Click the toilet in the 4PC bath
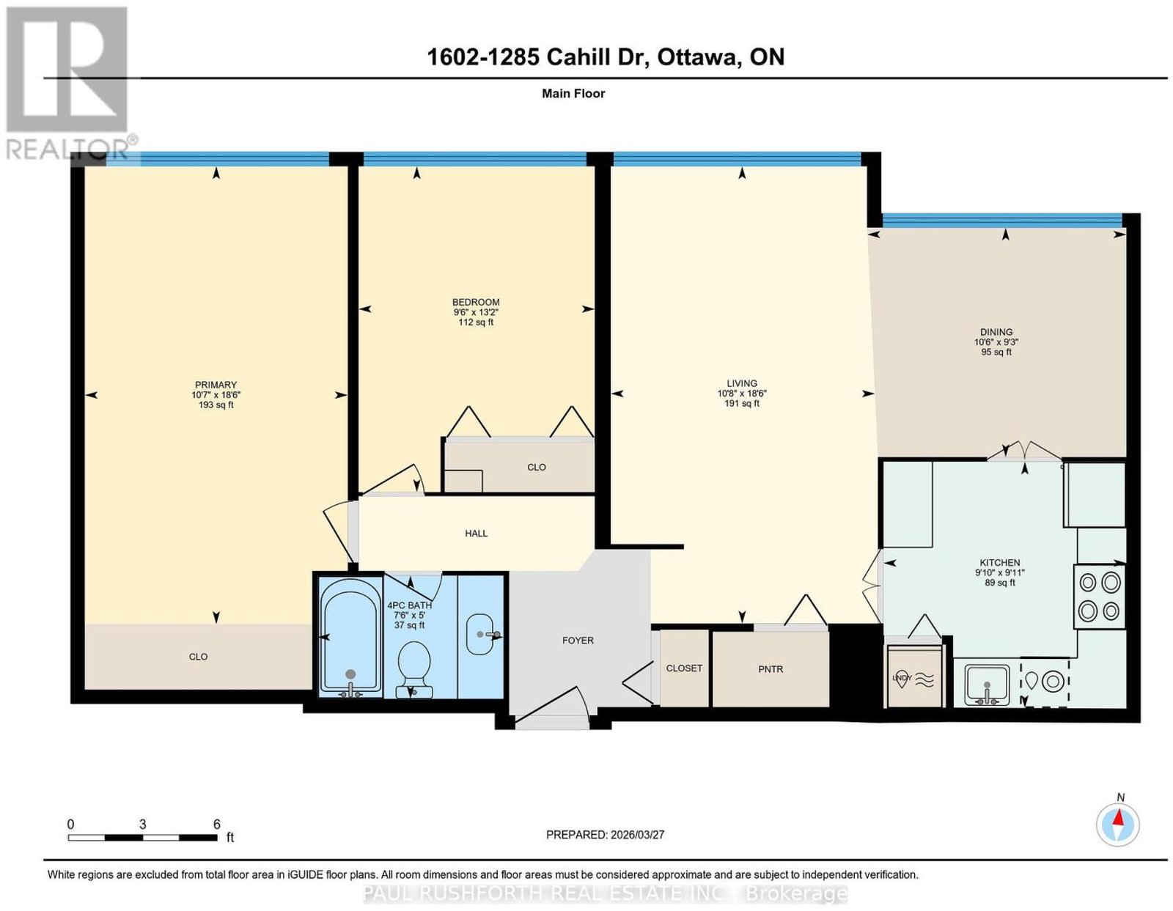click(x=414, y=669)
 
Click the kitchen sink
click(x=986, y=685)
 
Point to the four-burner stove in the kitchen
click(x=1099, y=597)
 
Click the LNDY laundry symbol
click(x=914, y=679)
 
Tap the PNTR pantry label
click(x=771, y=669)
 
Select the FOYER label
click(x=578, y=641)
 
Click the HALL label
click(x=476, y=534)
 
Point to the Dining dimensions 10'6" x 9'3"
click(x=996, y=342)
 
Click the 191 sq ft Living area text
click(x=742, y=403)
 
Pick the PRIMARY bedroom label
click(x=216, y=385)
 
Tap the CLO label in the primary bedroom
click(x=198, y=657)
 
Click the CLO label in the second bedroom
click(x=537, y=467)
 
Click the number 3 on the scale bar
click(x=142, y=825)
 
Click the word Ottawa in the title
click(x=697, y=57)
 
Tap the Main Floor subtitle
click(x=573, y=93)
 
